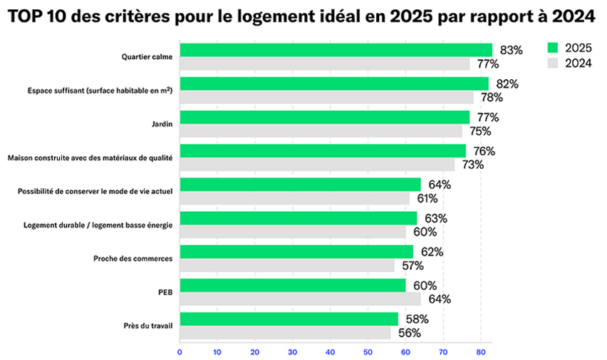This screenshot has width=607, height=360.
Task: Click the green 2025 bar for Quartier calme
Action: (x=336, y=50)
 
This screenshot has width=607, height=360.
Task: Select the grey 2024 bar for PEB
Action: (x=300, y=299)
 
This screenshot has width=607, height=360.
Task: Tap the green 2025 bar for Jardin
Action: (x=324, y=117)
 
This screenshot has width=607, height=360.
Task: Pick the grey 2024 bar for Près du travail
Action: (x=285, y=333)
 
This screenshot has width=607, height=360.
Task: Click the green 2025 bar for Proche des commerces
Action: (x=296, y=252)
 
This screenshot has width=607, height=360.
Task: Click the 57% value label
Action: (x=412, y=265)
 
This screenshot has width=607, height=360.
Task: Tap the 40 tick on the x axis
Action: (x=331, y=351)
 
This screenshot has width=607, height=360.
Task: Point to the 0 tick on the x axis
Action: (x=180, y=351)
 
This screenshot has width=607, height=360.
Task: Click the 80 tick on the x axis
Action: (x=481, y=351)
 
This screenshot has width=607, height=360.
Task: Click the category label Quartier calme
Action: (x=147, y=57)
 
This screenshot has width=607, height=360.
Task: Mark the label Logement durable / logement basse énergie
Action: (x=98, y=225)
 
